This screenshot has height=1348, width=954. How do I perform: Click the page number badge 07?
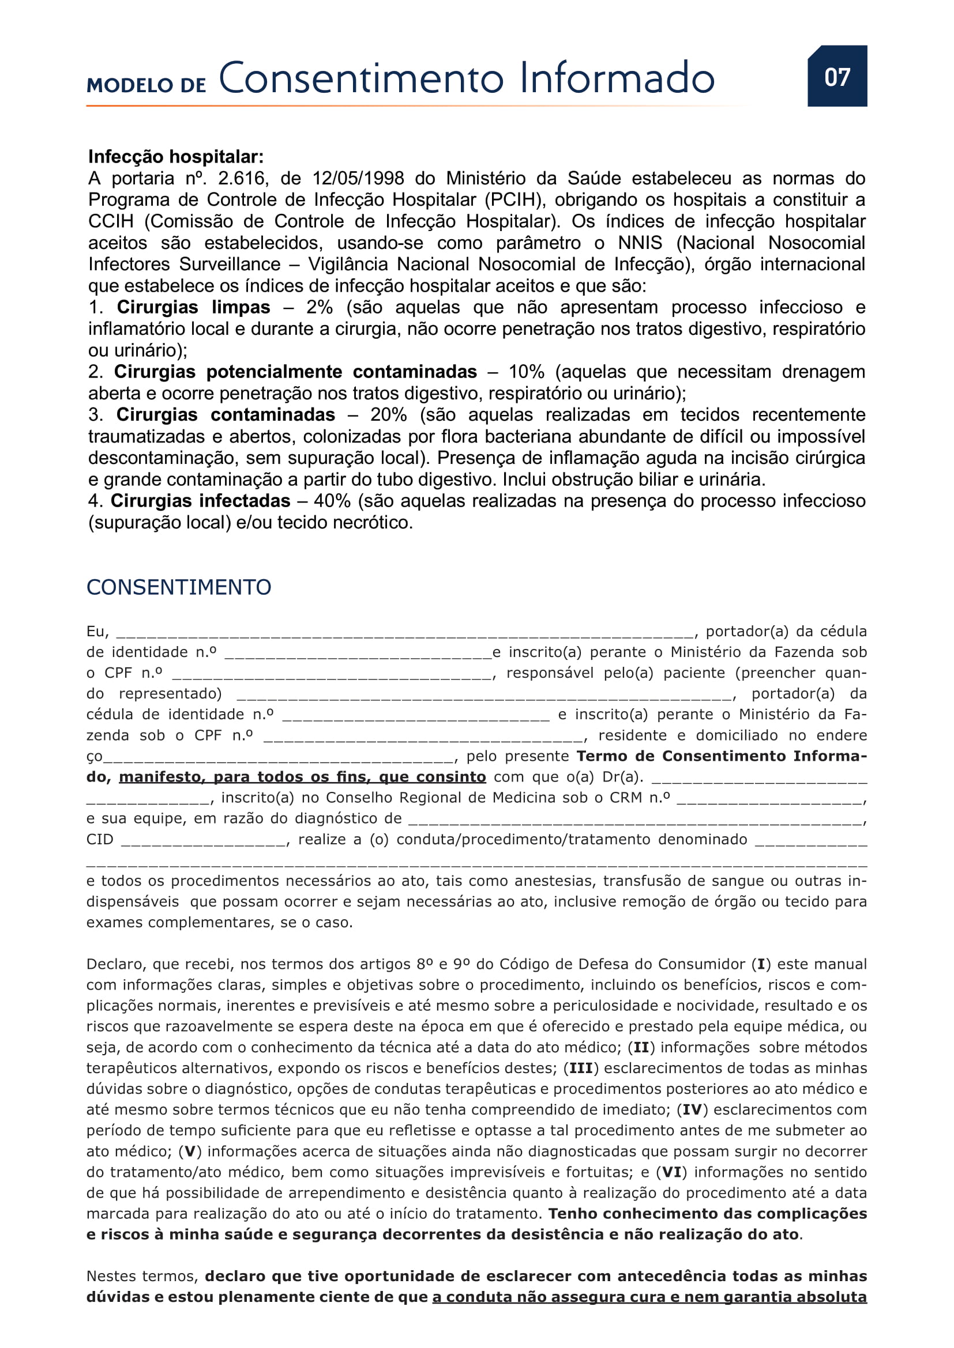pos(836,76)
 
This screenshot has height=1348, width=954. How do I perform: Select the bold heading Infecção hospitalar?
pos(176,157)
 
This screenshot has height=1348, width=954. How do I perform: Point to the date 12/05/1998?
pos(358,179)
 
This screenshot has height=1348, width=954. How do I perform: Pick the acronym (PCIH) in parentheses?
pos(513,200)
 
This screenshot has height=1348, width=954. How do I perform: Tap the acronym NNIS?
pos(640,243)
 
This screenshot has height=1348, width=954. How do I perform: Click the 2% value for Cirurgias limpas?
pos(320,308)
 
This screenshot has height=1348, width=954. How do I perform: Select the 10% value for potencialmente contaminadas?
pos(527,372)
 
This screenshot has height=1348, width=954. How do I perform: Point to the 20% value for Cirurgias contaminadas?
pos(388,415)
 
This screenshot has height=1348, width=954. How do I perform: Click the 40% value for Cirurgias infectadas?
pos(332,501)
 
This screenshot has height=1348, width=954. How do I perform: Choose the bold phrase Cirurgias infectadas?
pos(200,501)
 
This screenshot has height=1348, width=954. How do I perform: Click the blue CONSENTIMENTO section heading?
pos(179,588)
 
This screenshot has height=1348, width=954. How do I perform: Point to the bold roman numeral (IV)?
pos(693,1110)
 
